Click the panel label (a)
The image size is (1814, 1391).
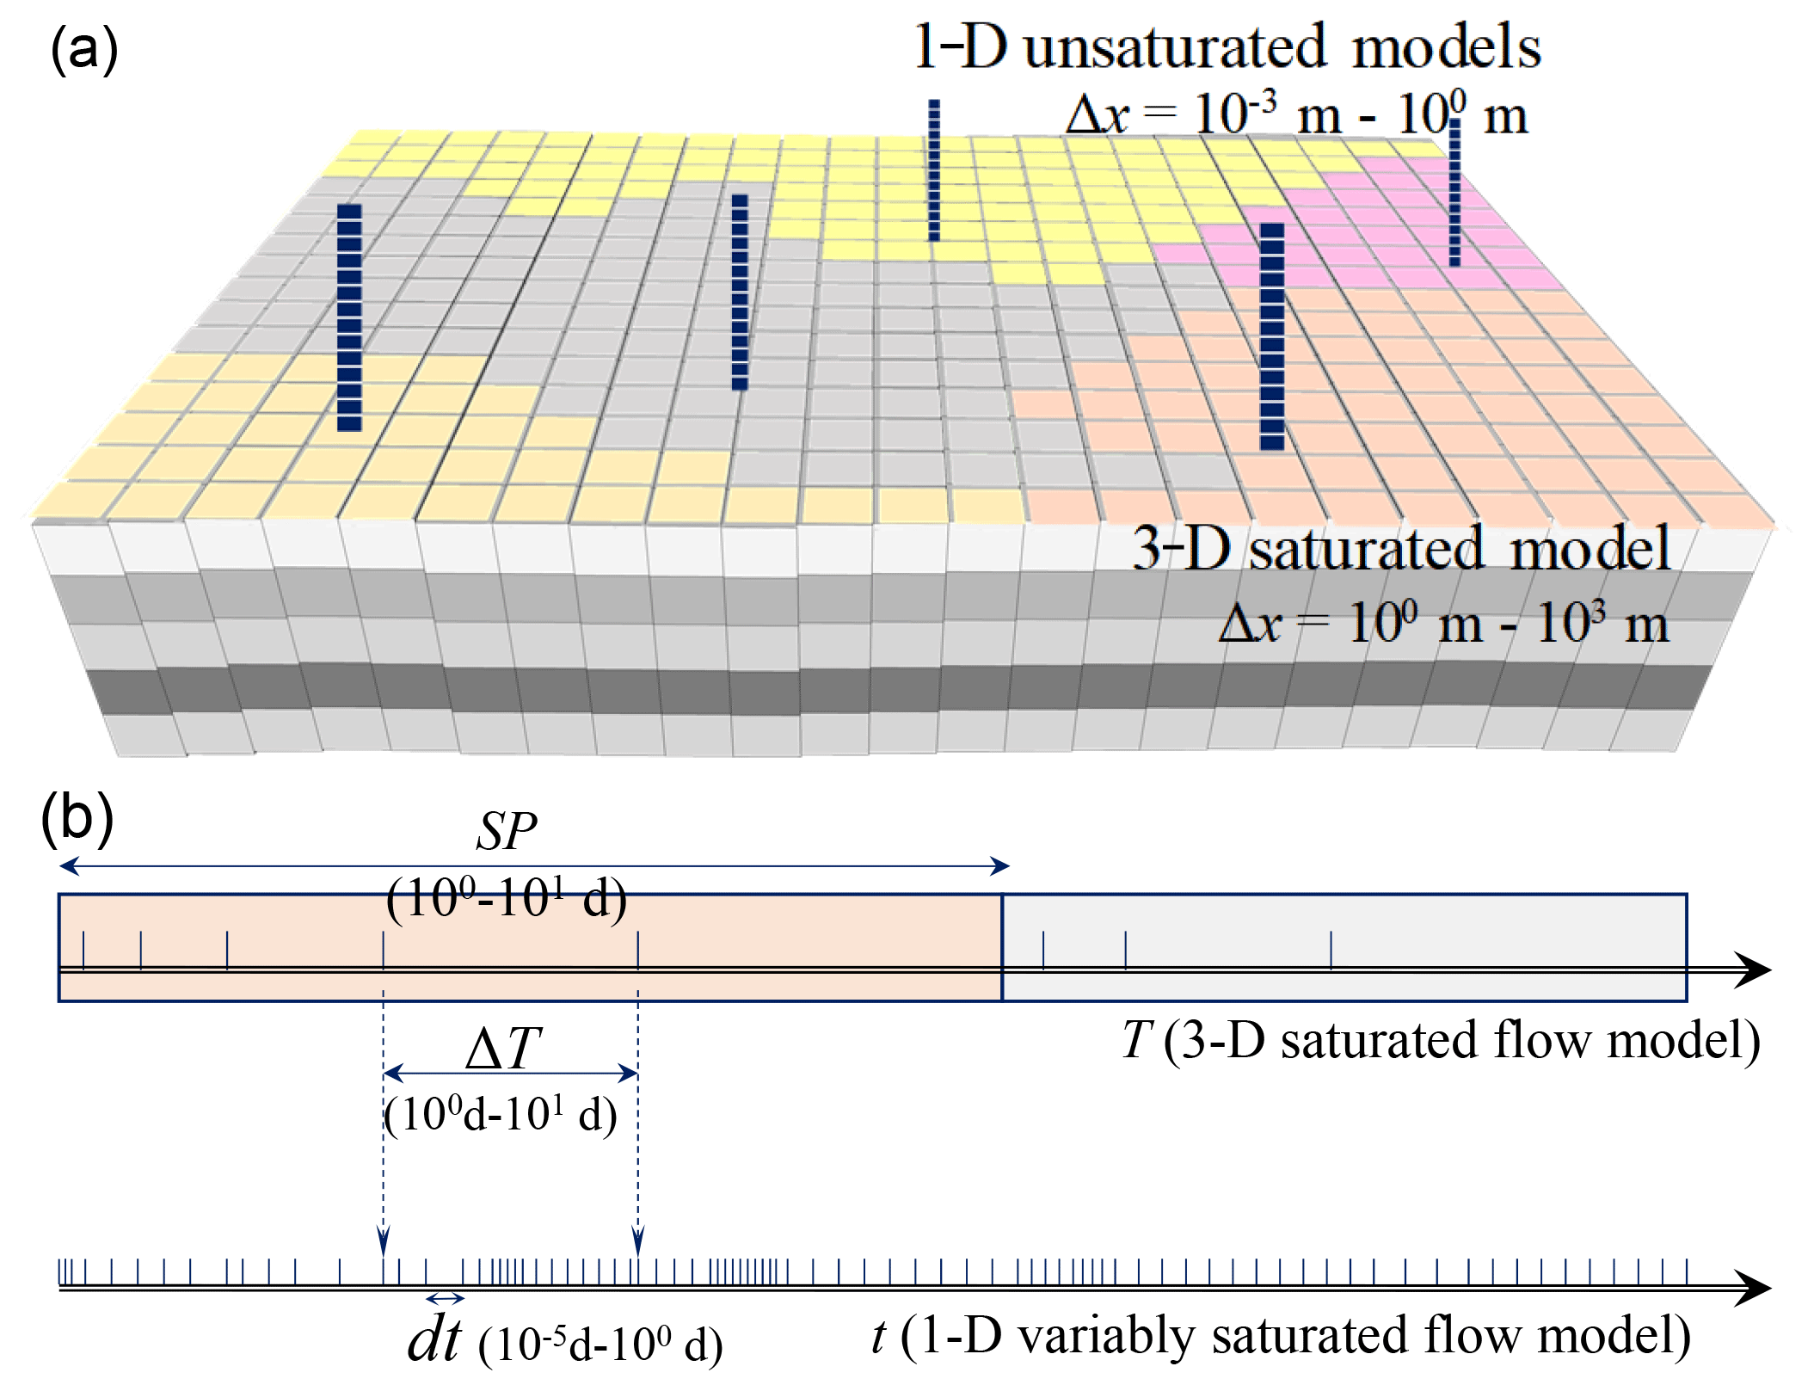83,49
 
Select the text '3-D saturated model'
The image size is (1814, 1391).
1401,548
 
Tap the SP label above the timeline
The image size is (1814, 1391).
507,832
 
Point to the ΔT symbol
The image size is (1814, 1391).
503,1049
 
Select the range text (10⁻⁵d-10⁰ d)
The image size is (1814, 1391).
600,1344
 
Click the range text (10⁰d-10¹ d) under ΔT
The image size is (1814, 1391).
501,1116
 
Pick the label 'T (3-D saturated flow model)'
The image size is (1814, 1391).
1440,1040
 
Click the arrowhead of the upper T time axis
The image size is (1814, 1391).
1755,970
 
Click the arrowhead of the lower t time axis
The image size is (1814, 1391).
1755,1288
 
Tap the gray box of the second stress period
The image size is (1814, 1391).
1344,947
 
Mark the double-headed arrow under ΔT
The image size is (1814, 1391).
510,1073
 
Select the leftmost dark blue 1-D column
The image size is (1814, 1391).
349,317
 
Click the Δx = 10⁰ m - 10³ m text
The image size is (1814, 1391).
1443,623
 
